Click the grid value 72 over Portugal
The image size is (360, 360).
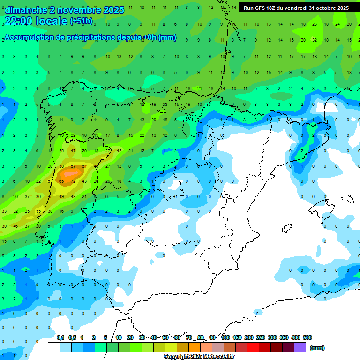(x=73, y=181)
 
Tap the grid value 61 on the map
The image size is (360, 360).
(x=84, y=166)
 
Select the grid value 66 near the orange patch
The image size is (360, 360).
(x=61, y=181)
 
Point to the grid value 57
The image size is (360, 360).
(x=73, y=166)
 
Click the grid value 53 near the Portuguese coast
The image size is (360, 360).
(x=50, y=181)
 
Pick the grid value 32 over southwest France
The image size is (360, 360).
(x=315, y=40)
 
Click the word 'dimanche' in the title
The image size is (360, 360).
(x=26, y=10)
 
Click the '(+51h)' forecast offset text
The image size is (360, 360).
(x=81, y=21)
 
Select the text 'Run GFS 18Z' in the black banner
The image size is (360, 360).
(x=260, y=8)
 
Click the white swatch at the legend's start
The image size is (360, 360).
(x=54, y=347)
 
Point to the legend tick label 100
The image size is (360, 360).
(x=225, y=337)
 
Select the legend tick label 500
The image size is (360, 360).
(x=307, y=337)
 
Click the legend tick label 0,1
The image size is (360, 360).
(x=60, y=337)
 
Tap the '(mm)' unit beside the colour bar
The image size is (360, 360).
(x=317, y=348)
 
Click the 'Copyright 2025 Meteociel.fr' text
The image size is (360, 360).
(x=199, y=357)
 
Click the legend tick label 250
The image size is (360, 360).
(x=261, y=337)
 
